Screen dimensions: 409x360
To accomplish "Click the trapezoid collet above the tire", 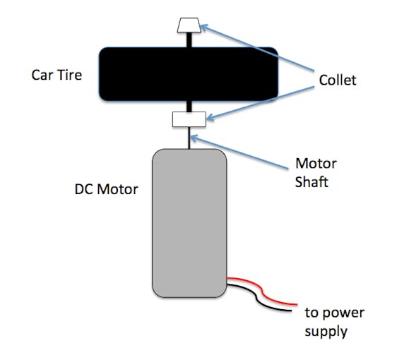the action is tap(189, 25).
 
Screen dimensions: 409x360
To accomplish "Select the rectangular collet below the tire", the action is tap(189, 119).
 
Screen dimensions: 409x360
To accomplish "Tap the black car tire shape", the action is tap(189, 74).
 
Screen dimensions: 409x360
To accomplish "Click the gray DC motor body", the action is tap(189, 223).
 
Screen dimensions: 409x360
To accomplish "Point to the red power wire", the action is tap(262, 290).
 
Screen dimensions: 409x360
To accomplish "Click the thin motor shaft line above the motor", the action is tap(189, 138).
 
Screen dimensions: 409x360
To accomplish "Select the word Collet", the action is tap(338, 80).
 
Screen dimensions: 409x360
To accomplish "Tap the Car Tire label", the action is tap(57, 75).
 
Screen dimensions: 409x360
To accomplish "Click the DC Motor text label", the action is tap(106, 189).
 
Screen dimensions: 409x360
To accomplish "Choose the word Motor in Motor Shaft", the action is tap(316, 164).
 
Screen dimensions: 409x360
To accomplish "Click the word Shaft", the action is tap(312, 181).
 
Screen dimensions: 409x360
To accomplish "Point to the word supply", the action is tap(326, 332).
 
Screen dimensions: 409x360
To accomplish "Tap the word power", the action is tap(343, 313).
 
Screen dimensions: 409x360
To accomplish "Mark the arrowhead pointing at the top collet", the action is tap(204, 27).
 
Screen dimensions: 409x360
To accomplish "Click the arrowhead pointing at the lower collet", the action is tap(210, 117).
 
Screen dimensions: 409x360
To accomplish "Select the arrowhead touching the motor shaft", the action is tap(194, 138).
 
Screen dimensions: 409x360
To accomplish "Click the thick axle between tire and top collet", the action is tap(189, 40).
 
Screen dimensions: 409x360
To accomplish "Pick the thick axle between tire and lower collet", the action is tap(189, 107).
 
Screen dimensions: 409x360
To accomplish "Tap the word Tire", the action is tap(69, 75).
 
